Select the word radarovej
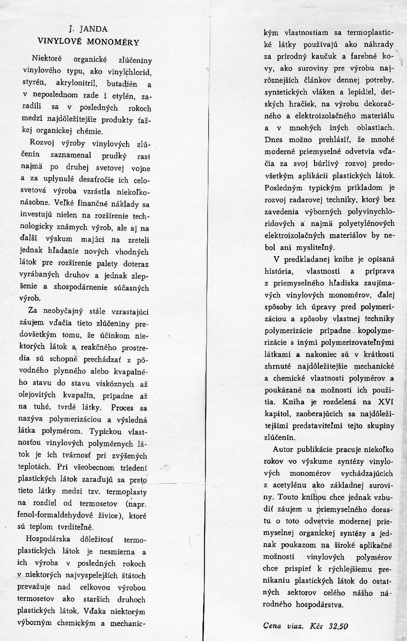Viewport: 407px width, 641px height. [x=302, y=200]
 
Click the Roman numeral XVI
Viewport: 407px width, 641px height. [x=386, y=401]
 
